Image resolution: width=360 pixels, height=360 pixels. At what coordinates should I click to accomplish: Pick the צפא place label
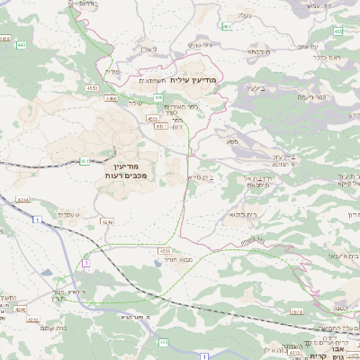(x=231, y=141)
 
